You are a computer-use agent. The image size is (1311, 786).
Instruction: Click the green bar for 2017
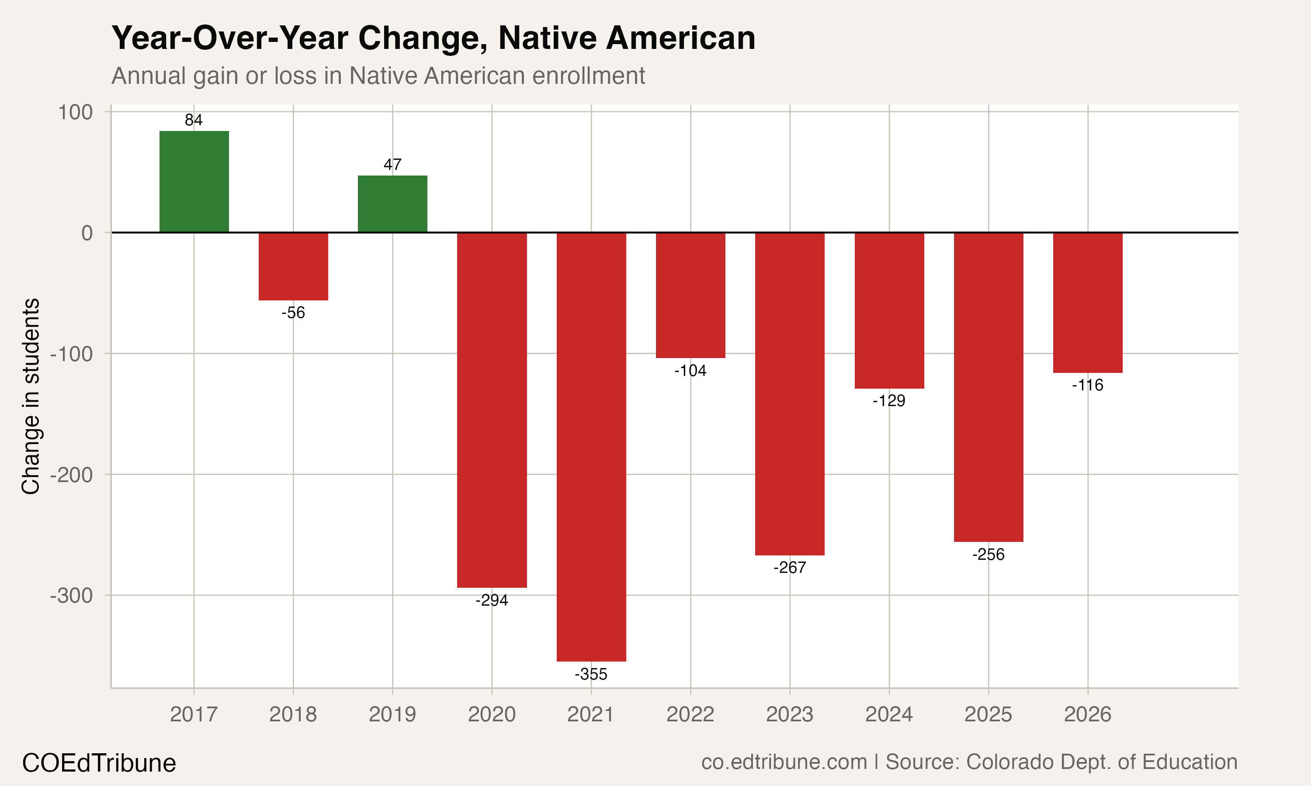[194, 182]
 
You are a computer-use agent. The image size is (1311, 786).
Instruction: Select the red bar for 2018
[293, 266]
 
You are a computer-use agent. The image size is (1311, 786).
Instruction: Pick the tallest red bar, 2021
[591, 447]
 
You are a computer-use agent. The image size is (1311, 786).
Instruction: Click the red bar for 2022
[690, 295]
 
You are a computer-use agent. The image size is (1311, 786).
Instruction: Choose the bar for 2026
[1087, 303]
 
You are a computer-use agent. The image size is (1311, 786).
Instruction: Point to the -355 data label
[591, 674]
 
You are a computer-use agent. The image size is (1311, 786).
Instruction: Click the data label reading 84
[194, 120]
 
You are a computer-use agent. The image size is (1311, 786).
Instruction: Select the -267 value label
[790, 568]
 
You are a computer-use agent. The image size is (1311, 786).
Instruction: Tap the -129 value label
[889, 401]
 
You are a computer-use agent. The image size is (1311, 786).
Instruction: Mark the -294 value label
[491, 600]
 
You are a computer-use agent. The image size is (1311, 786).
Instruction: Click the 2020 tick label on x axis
[491, 714]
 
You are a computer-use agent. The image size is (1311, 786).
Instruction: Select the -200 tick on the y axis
[72, 475]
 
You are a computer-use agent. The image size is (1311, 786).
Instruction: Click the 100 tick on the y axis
[75, 112]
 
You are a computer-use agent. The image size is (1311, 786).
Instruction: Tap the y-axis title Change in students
[31, 396]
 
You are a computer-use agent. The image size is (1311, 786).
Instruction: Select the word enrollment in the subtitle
[588, 76]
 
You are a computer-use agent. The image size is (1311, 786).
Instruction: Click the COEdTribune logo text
[99, 763]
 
